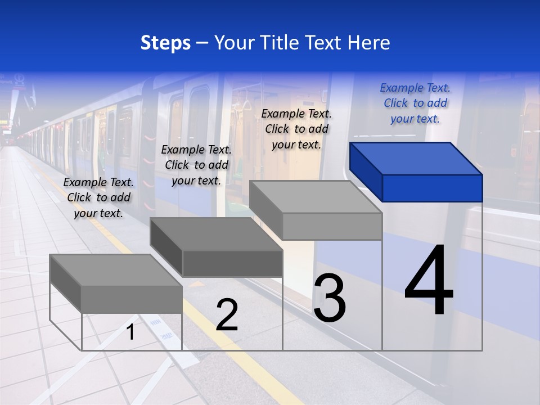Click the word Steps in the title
(165, 43)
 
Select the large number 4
(429, 280)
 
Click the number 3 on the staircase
(330, 298)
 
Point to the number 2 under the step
(227, 315)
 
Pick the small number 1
(130, 332)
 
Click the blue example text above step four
(415, 103)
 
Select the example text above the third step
(296, 129)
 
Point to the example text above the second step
(196, 165)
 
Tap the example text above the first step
(98, 197)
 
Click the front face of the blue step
(432, 188)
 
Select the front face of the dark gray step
(232, 263)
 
